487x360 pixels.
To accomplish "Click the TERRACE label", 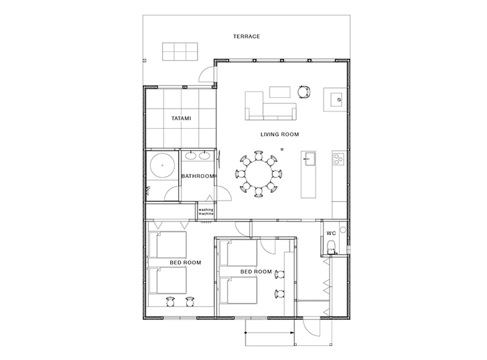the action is pyautogui.click(x=246, y=36).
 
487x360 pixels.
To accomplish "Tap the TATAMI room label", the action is pyautogui.click(x=181, y=118).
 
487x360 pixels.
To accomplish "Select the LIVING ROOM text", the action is pyautogui.click(x=280, y=135).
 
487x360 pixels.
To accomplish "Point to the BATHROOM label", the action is pyautogui.click(x=197, y=176).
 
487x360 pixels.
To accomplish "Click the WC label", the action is pyautogui.click(x=331, y=233).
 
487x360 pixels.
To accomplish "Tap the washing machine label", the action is pyautogui.click(x=206, y=211).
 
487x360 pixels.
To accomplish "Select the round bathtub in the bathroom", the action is pyautogui.click(x=162, y=165).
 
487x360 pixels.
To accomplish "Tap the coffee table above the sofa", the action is pyautogui.click(x=280, y=92).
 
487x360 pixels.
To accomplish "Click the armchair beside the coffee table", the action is pyautogui.click(x=304, y=92).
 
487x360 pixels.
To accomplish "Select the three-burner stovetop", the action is pyautogui.click(x=339, y=159).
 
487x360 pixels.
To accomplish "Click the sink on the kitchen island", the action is pyautogui.click(x=310, y=159).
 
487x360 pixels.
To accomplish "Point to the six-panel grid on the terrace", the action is pyautogui.click(x=180, y=51).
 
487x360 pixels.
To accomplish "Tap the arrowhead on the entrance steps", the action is pyautogui.click(x=292, y=333).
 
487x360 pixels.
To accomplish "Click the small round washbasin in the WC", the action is pyautogui.click(x=343, y=230).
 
